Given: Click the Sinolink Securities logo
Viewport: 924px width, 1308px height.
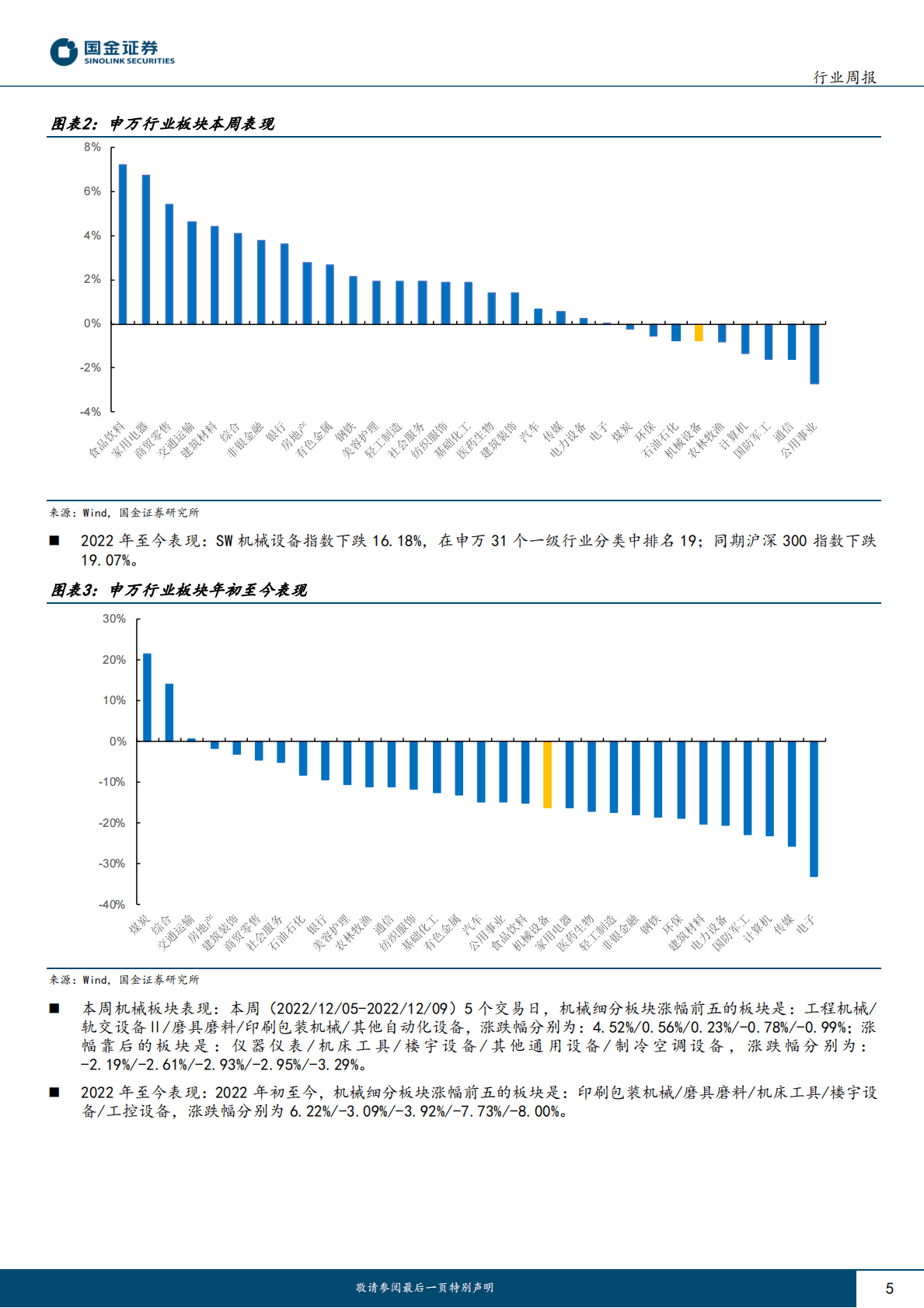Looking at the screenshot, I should [113, 52].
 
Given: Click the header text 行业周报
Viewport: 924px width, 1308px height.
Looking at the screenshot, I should [845, 77].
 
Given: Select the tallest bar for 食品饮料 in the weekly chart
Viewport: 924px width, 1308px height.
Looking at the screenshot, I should [123, 244].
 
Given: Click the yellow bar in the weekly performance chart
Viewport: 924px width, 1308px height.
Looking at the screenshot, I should [699, 333].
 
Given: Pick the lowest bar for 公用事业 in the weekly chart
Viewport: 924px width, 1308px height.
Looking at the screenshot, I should [814, 354].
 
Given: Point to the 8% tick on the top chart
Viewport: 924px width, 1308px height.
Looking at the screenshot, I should [92, 147].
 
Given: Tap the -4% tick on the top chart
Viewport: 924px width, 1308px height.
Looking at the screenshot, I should [91, 412].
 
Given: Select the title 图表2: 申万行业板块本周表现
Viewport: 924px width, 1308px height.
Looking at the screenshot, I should [162, 124].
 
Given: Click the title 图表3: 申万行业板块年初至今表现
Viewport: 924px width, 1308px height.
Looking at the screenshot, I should [179, 591].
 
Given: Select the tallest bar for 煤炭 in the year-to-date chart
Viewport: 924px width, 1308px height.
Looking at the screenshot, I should [147, 697].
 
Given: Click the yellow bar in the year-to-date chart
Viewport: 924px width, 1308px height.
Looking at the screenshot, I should [547, 775].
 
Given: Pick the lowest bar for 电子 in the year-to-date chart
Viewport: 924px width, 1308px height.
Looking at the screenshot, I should [814, 809].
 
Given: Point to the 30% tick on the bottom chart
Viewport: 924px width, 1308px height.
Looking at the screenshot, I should [114, 619].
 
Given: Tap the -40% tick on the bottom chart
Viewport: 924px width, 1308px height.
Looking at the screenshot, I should [112, 905].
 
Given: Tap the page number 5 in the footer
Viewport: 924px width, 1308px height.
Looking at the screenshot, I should [889, 1289].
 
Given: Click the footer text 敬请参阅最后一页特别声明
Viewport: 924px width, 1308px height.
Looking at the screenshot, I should [425, 1288].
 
